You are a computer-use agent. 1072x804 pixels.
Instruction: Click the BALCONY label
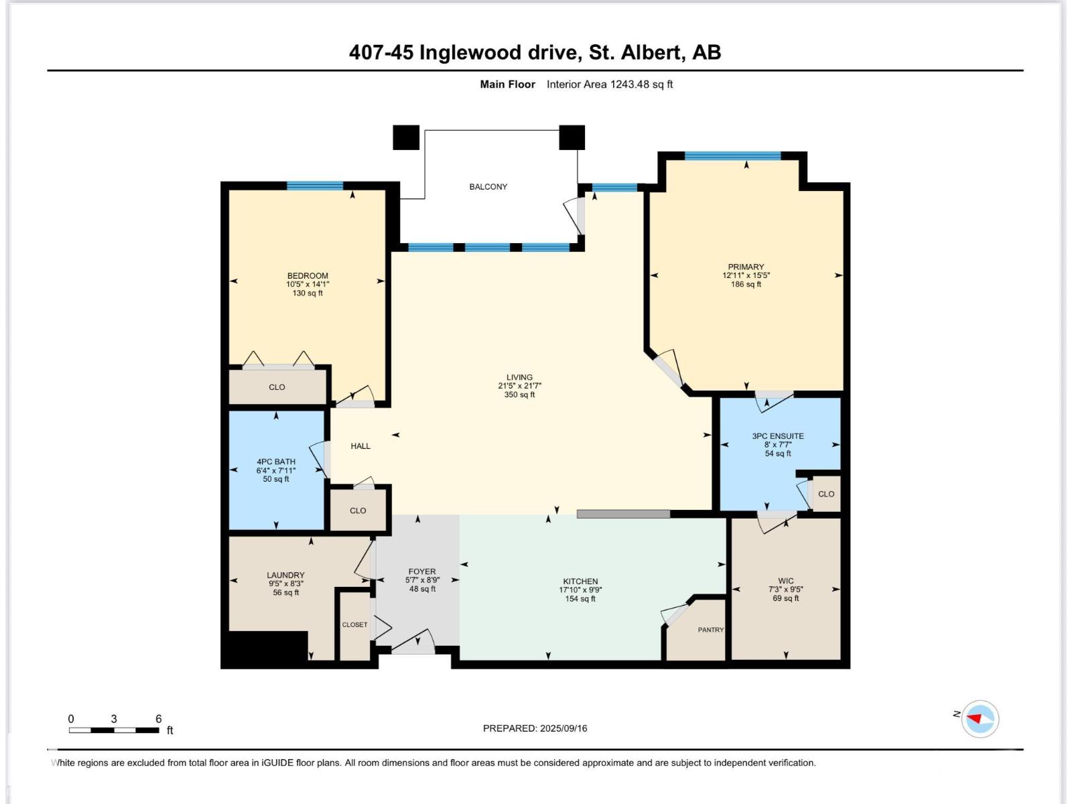tap(488, 187)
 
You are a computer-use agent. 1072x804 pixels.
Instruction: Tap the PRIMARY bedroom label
tap(746, 267)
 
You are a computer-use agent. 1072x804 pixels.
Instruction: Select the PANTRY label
tap(710, 630)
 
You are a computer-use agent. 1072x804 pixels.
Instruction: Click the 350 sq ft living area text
tap(519, 395)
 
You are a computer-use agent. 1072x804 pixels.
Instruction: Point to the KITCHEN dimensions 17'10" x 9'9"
tap(580, 590)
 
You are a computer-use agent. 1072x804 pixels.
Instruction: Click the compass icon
tap(980, 719)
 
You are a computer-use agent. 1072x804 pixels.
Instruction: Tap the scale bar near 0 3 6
tap(114, 730)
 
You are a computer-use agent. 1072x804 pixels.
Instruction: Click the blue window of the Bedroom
tap(315, 186)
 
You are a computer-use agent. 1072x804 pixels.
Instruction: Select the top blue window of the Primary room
tap(732, 156)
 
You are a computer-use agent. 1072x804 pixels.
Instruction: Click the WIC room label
tap(786, 581)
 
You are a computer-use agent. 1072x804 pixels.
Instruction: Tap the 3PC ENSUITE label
tap(778, 436)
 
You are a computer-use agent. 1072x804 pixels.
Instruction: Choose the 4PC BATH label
tap(275, 462)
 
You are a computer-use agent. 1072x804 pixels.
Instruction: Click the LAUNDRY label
tap(285, 575)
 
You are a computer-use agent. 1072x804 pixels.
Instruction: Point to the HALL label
tap(360, 446)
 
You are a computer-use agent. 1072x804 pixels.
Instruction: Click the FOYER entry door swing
tap(413, 642)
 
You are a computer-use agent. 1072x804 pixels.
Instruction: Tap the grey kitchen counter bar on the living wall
tap(623, 514)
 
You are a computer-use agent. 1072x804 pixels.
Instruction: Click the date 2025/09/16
tap(563, 728)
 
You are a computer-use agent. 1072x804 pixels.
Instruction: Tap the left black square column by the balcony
tap(405, 137)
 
